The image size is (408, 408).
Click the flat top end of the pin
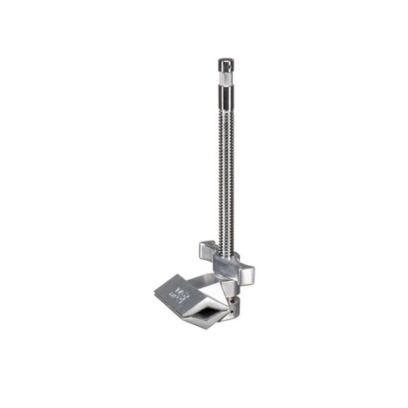coord(226,60)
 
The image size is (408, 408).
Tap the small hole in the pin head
coord(224,66)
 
